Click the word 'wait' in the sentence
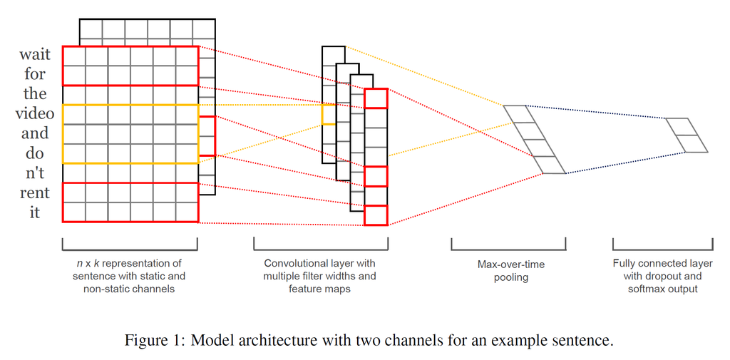coord(34,55)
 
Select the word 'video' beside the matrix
coord(34,114)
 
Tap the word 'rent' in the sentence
coord(34,193)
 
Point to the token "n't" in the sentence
coord(34,173)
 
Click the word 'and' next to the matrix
coord(34,133)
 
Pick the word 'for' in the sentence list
coord(34,74)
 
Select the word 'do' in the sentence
coord(34,153)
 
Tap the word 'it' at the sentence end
coord(34,212)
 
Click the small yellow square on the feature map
coord(328,114)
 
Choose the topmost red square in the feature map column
coord(376,98)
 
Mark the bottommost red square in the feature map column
coord(376,215)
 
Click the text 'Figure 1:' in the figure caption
coord(154,340)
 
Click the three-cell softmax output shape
coord(687,135)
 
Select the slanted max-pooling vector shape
coord(534,140)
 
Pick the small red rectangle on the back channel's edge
coord(207,135)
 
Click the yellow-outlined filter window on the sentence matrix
coord(130,134)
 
